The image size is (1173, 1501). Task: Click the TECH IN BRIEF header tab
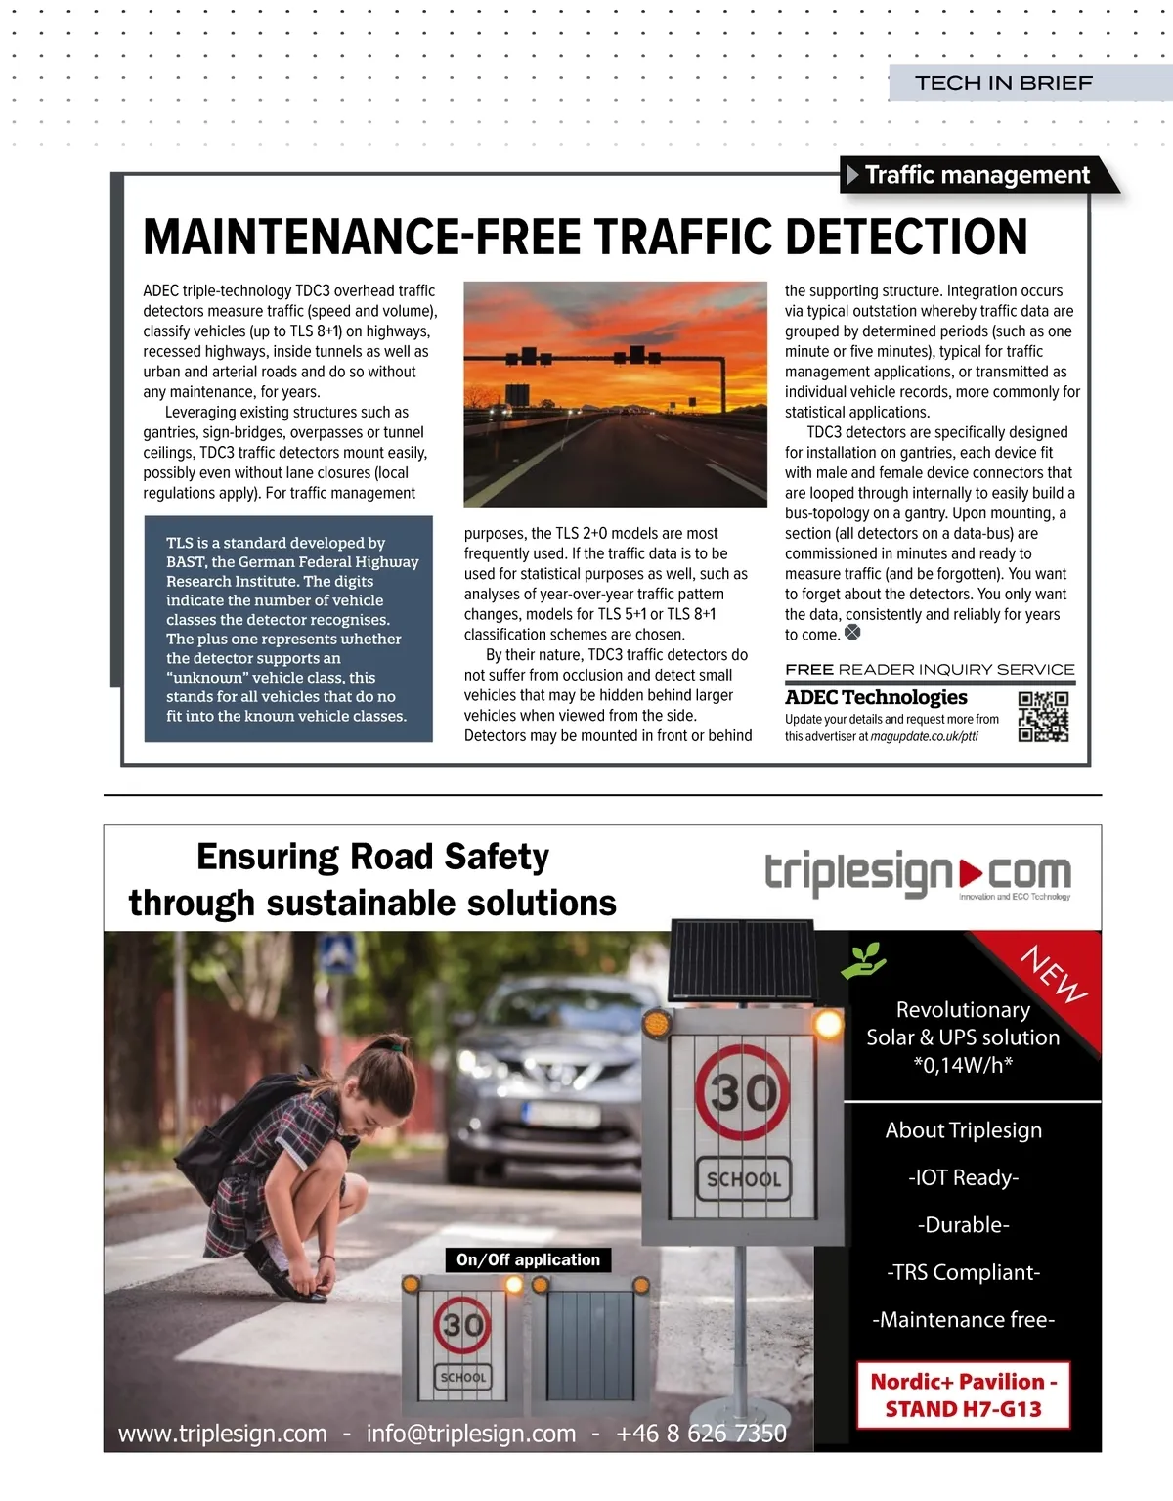pos(1004,83)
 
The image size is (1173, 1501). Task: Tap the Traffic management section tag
pos(977,175)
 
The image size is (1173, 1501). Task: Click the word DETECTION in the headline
pos(906,237)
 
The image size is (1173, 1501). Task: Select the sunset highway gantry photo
pos(615,394)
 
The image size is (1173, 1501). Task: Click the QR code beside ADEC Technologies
pos(1043,717)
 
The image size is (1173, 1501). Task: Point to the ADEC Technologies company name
pos(876,697)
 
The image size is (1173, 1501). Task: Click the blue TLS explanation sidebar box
pos(288,629)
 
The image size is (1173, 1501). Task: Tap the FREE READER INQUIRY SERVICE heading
pos(930,670)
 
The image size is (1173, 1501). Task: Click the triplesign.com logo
pos(917,873)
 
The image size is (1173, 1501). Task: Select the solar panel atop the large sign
pos(743,959)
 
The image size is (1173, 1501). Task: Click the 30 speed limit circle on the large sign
pos(743,1092)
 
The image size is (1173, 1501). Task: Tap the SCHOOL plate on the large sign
pos(744,1179)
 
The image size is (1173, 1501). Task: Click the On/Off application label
pos(528,1259)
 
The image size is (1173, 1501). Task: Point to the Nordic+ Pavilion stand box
pos(963,1395)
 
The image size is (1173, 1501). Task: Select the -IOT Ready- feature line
pos(963,1177)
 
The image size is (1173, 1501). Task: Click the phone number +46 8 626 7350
pos(701,1434)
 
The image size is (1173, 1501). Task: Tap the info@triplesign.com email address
pos(471,1434)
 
